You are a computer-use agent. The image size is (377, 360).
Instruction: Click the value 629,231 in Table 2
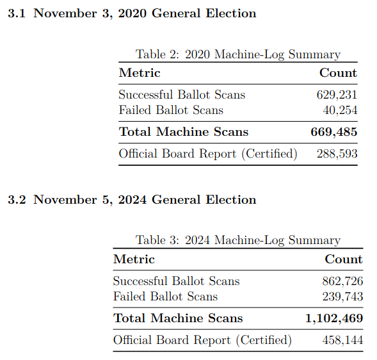(x=337, y=95)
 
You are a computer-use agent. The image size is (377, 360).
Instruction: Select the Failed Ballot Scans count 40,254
(x=340, y=110)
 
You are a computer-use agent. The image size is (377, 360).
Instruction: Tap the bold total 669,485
(x=334, y=132)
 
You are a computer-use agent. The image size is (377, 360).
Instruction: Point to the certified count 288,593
(x=337, y=154)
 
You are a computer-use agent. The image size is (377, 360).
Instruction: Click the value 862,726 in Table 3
(x=342, y=281)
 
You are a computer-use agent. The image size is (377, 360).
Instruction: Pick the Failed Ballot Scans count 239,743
(x=342, y=297)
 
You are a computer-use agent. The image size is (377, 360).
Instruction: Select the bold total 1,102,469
(x=334, y=318)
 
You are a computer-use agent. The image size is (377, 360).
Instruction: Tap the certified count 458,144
(x=342, y=340)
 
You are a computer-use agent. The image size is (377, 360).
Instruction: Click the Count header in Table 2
(x=339, y=72)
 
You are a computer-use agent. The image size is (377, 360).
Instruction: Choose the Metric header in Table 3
(x=134, y=259)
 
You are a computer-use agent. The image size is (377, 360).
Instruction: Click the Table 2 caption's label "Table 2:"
(x=157, y=54)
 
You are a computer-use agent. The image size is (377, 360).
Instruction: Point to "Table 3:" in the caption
(x=157, y=240)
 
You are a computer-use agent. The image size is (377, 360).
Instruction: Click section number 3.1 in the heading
(x=17, y=13)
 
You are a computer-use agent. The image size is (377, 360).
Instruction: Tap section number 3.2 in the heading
(x=17, y=200)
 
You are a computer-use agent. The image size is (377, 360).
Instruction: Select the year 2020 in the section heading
(x=132, y=13)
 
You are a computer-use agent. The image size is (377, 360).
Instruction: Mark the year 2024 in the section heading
(x=132, y=200)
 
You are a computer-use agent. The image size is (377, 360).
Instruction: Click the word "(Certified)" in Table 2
(x=269, y=154)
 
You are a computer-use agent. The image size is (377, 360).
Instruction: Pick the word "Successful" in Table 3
(x=140, y=281)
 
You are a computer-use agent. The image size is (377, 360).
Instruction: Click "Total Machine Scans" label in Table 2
(x=184, y=132)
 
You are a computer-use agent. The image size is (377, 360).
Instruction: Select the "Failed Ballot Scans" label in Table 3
(x=165, y=297)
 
